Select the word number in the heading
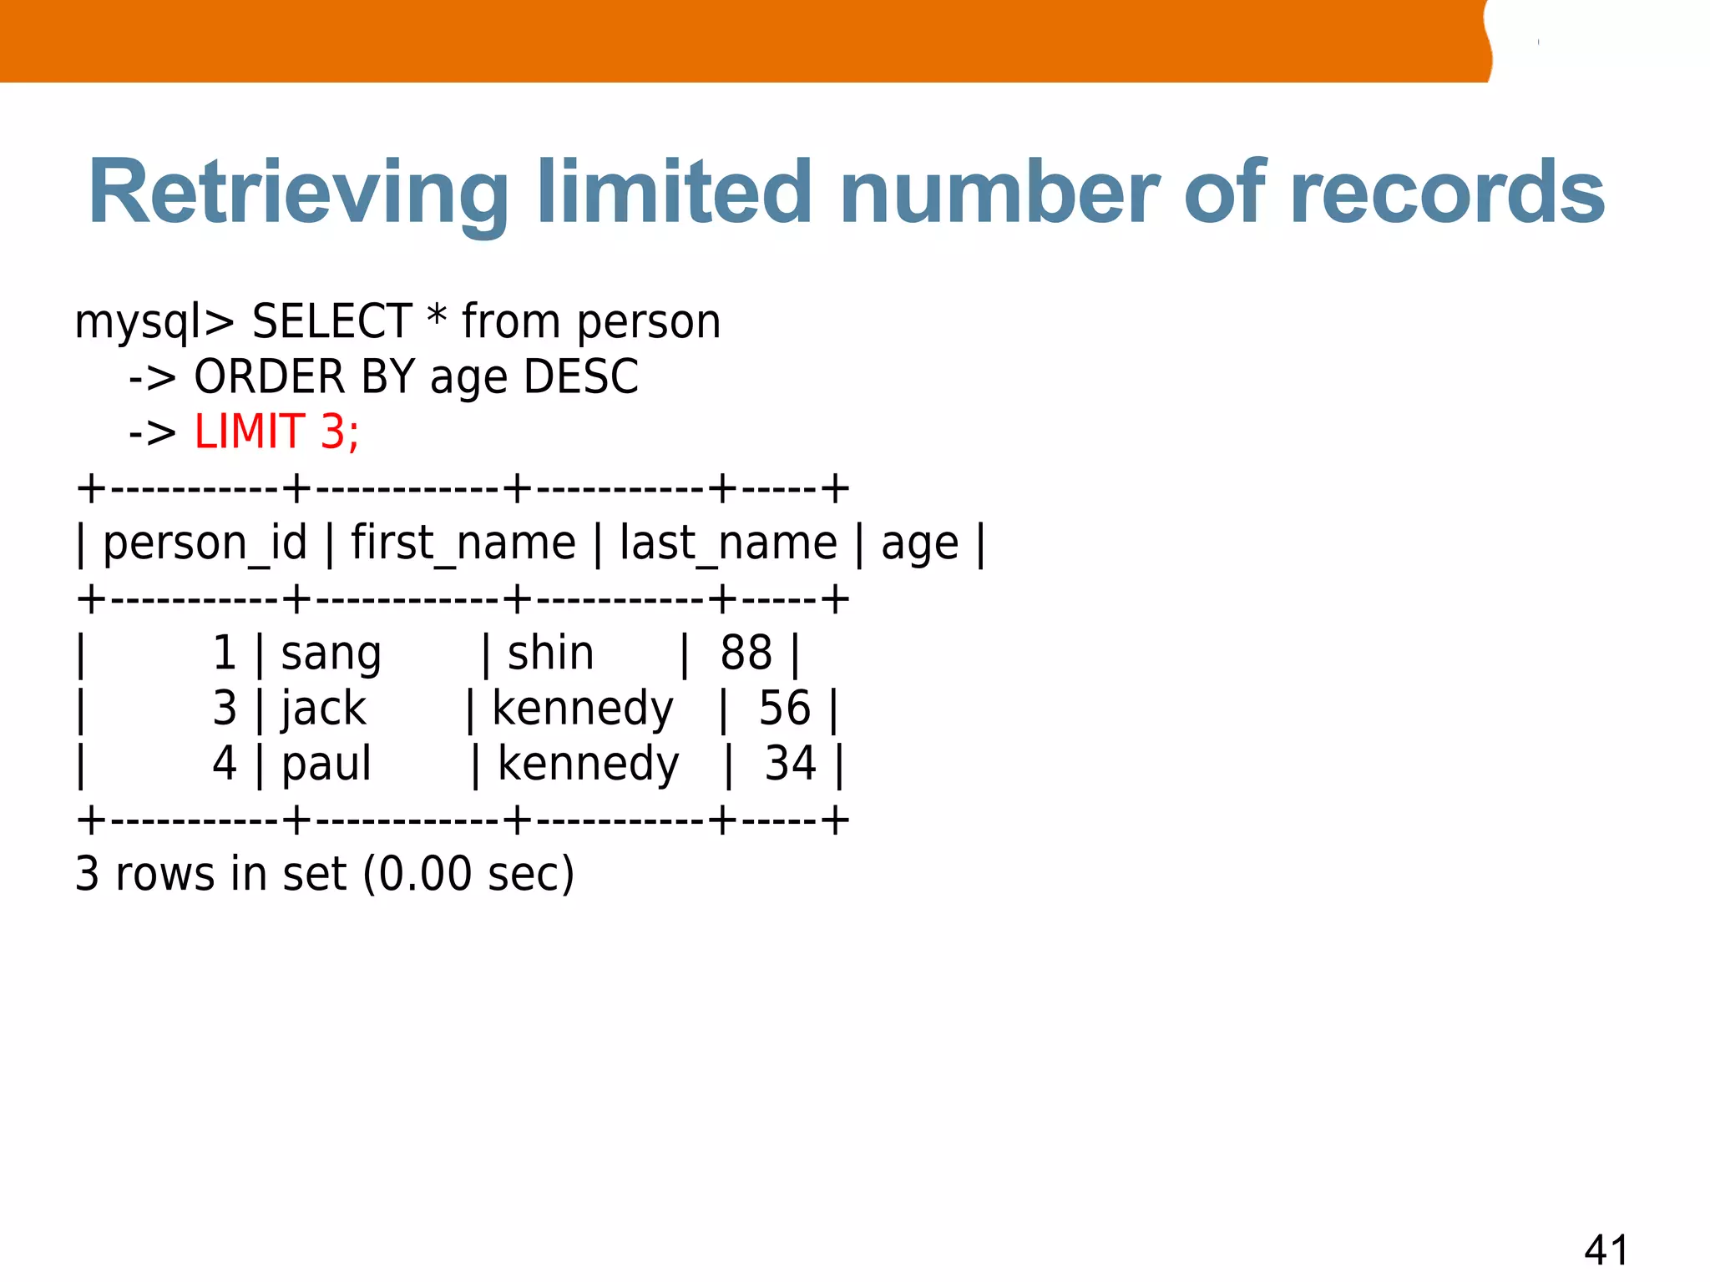tap(999, 193)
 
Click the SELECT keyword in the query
tap(331, 321)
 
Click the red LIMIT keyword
tap(249, 432)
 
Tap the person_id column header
tap(205, 543)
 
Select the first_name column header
tap(463, 543)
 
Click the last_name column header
tap(728, 543)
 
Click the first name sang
tap(331, 654)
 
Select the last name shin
tap(550, 653)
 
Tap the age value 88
tap(746, 653)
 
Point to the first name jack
tap(323, 709)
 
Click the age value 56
tap(784, 709)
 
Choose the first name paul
tap(326, 765)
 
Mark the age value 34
tap(790, 764)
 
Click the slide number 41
tap(1605, 1250)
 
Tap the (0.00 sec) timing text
tap(468, 874)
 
